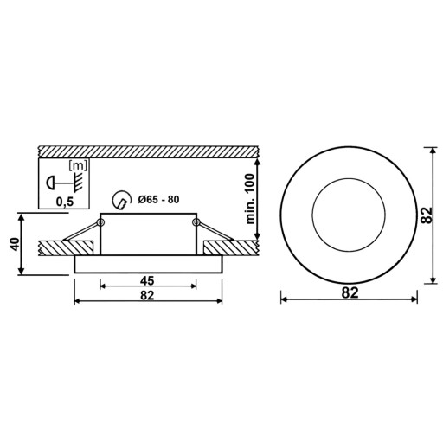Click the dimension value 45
pyautogui.click(x=147, y=280)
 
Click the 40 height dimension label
pyautogui.click(x=15, y=244)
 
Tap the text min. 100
pyautogui.click(x=250, y=199)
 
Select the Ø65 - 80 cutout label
pyautogui.click(x=158, y=199)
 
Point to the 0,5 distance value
pyautogui.click(x=65, y=202)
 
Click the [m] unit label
pyautogui.click(x=78, y=166)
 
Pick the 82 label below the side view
pyautogui.click(x=147, y=295)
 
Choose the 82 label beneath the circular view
pyautogui.click(x=350, y=292)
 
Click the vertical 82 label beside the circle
pyautogui.click(x=427, y=215)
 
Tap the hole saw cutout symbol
pyautogui.click(x=121, y=199)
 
